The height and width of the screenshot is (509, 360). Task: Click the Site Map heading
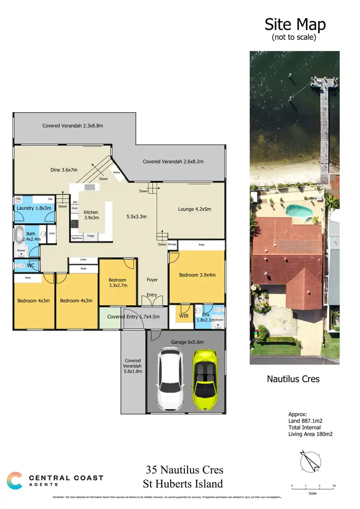click(295, 24)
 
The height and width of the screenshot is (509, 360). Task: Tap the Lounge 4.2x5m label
click(195, 209)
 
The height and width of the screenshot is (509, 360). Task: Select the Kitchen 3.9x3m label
click(91, 215)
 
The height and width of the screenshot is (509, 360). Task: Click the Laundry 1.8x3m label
click(33, 208)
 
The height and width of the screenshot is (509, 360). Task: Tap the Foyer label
click(152, 280)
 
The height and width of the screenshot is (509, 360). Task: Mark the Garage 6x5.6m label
click(187, 342)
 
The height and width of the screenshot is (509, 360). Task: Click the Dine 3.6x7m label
click(64, 169)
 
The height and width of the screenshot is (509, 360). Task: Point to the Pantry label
click(116, 172)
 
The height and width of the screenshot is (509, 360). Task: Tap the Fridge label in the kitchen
click(90, 236)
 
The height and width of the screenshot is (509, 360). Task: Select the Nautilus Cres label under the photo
click(293, 379)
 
